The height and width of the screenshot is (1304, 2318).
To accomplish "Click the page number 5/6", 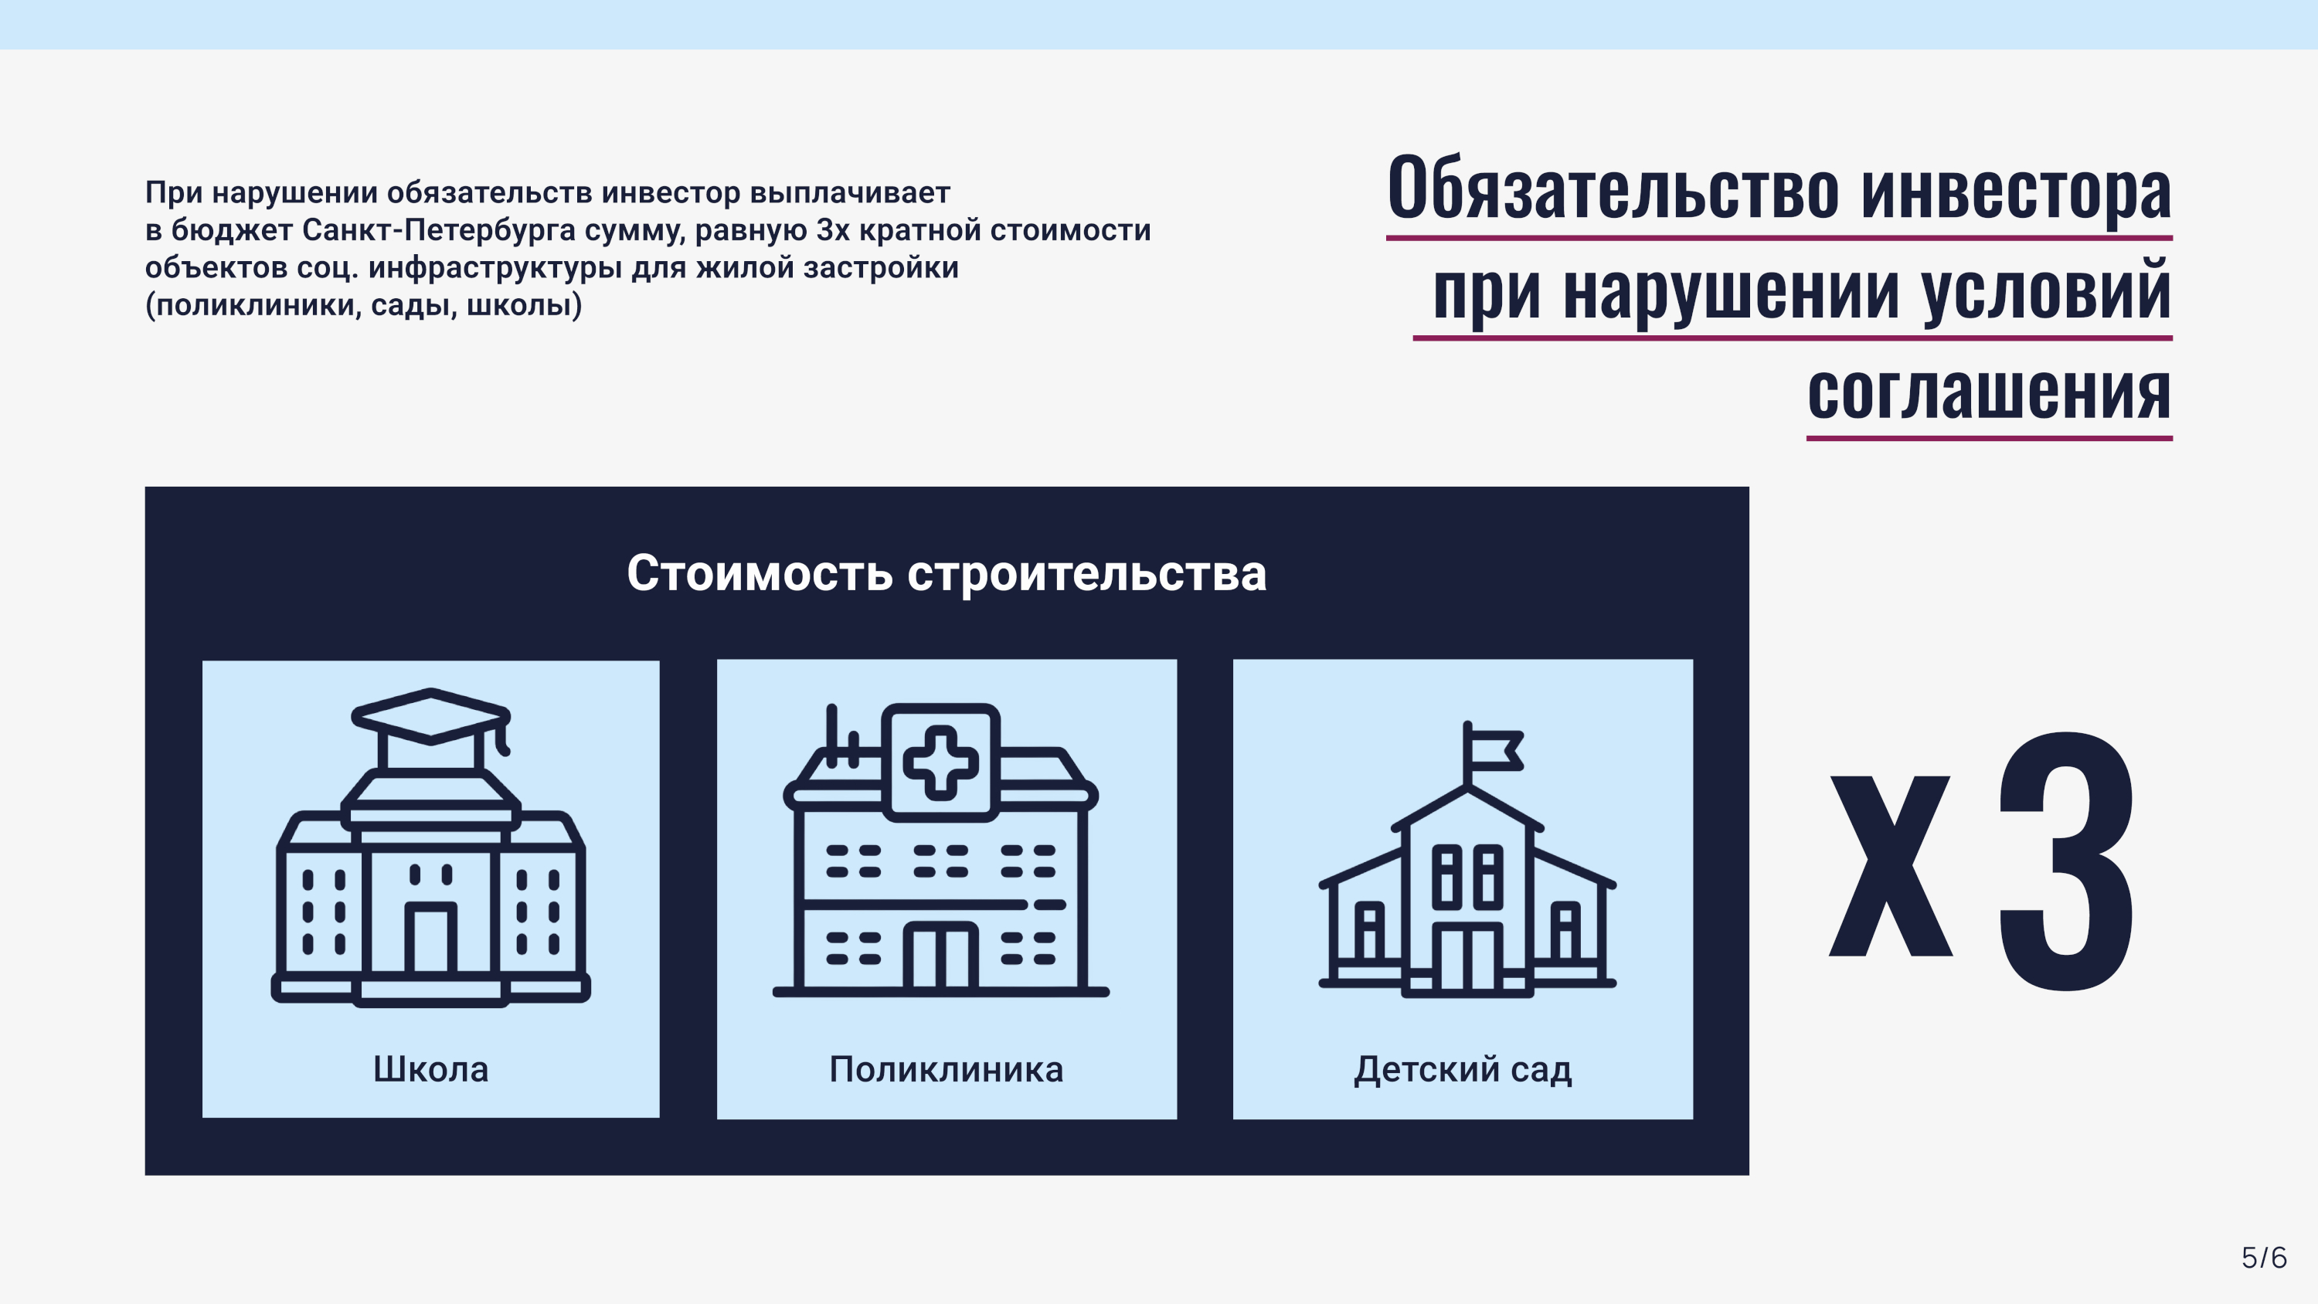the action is pos(2264,1257).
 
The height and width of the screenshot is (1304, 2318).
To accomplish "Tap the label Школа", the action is pos(431,1069).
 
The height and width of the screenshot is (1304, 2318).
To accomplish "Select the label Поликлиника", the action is pos(946,1069).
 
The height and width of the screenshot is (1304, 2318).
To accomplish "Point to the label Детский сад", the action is pos(1463,1070).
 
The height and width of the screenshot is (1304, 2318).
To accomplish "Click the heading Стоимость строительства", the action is pos(947,573).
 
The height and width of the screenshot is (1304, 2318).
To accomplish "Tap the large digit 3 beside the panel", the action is pos(2066,861).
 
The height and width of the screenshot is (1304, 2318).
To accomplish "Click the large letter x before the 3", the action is pos(1891,866).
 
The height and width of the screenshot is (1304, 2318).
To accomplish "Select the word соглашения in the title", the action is pos(1990,392).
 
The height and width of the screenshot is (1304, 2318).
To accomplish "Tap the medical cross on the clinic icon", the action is pos(940,762).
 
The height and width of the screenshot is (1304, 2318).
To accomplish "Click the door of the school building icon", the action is pos(430,938).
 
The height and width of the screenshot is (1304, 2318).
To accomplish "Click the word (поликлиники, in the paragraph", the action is pos(253,306).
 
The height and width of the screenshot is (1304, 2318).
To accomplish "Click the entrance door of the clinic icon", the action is pos(940,956).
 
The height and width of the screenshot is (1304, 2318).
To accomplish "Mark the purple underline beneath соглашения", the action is pos(1990,438).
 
